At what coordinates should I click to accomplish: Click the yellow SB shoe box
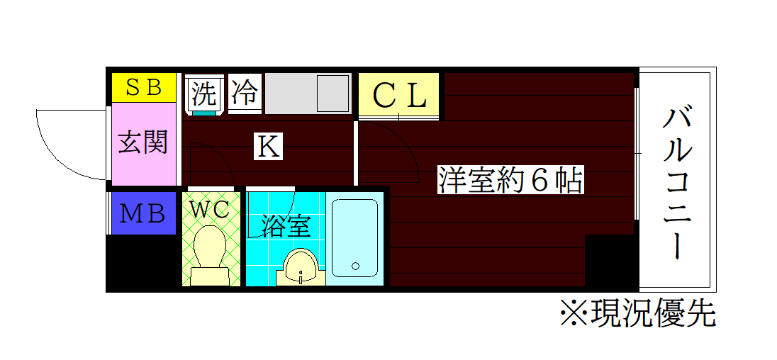pyautogui.click(x=144, y=87)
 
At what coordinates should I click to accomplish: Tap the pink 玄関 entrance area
pyautogui.click(x=143, y=144)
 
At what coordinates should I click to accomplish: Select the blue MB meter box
pyautogui.click(x=143, y=213)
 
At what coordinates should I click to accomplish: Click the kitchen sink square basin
pyautogui.click(x=333, y=93)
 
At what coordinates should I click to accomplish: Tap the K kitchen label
pyautogui.click(x=269, y=147)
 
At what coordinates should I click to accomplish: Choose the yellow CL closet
pyautogui.click(x=399, y=95)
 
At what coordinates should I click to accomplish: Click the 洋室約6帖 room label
pyautogui.click(x=510, y=181)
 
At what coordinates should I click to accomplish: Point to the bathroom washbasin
pyautogui.click(x=301, y=268)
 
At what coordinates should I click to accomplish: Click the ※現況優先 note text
pyautogui.click(x=637, y=312)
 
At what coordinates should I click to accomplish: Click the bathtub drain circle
pyautogui.click(x=355, y=266)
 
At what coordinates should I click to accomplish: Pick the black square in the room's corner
pyautogui.click(x=610, y=261)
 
